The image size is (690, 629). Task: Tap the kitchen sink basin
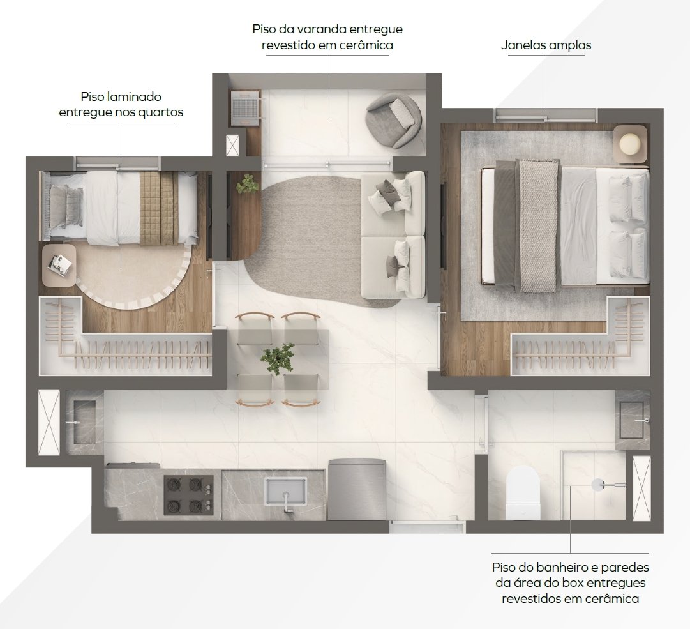pyautogui.click(x=285, y=490)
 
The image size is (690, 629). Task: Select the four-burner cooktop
pyautogui.click(x=188, y=495)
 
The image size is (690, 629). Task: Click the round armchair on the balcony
pyautogui.click(x=394, y=119)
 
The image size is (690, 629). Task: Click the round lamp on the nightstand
pyautogui.click(x=631, y=144)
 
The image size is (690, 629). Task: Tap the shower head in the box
pyautogui.click(x=599, y=484)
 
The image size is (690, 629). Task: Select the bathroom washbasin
pyautogui.click(x=634, y=420)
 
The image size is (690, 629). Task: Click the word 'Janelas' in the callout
pyautogui.click(x=521, y=45)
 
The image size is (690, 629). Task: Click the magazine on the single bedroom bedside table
pyautogui.click(x=61, y=264)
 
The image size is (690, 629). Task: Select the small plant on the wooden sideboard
pyautogui.click(x=247, y=183)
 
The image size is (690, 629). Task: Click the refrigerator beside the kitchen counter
pyautogui.click(x=357, y=489)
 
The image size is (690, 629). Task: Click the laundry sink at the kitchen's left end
pyautogui.click(x=84, y=421)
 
